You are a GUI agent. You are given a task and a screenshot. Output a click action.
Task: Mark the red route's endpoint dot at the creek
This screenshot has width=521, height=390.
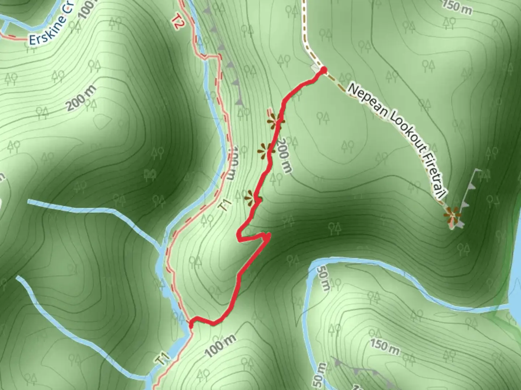coord(191,325)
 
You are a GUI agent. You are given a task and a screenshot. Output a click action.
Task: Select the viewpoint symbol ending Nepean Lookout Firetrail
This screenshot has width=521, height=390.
coord(453,216)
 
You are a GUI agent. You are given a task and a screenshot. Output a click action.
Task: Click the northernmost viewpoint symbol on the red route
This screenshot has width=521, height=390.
coord(276,122)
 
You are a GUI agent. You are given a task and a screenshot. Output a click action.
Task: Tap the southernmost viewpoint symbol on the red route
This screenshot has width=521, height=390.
coord(252,198)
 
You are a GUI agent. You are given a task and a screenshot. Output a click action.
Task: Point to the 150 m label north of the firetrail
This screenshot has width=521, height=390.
coord(457,8)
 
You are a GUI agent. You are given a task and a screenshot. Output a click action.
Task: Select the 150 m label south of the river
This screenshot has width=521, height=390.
coord(385,346)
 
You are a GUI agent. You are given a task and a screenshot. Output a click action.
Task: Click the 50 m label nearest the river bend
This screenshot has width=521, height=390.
coord(323,278)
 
